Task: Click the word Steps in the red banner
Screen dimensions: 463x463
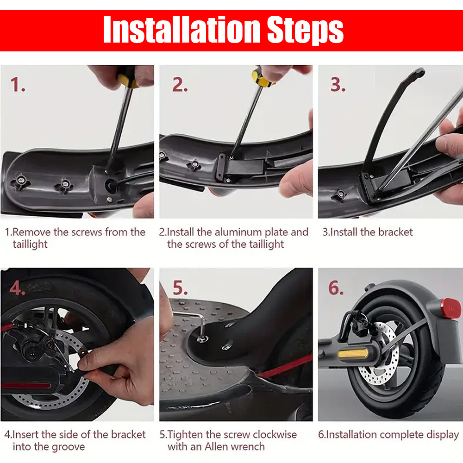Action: (x=305, y=31)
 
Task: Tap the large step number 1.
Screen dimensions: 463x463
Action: (x=17, y=84)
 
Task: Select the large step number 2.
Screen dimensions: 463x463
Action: (x=180, y=84)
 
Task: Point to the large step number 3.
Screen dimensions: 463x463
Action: (x=338, y=84)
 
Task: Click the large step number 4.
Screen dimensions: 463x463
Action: (x=17, y=288)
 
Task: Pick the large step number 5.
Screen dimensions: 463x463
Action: (x=180, y=288)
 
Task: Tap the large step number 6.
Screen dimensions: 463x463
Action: (x=336, y=288)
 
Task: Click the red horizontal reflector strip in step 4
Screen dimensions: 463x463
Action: (x=26, y=385)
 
